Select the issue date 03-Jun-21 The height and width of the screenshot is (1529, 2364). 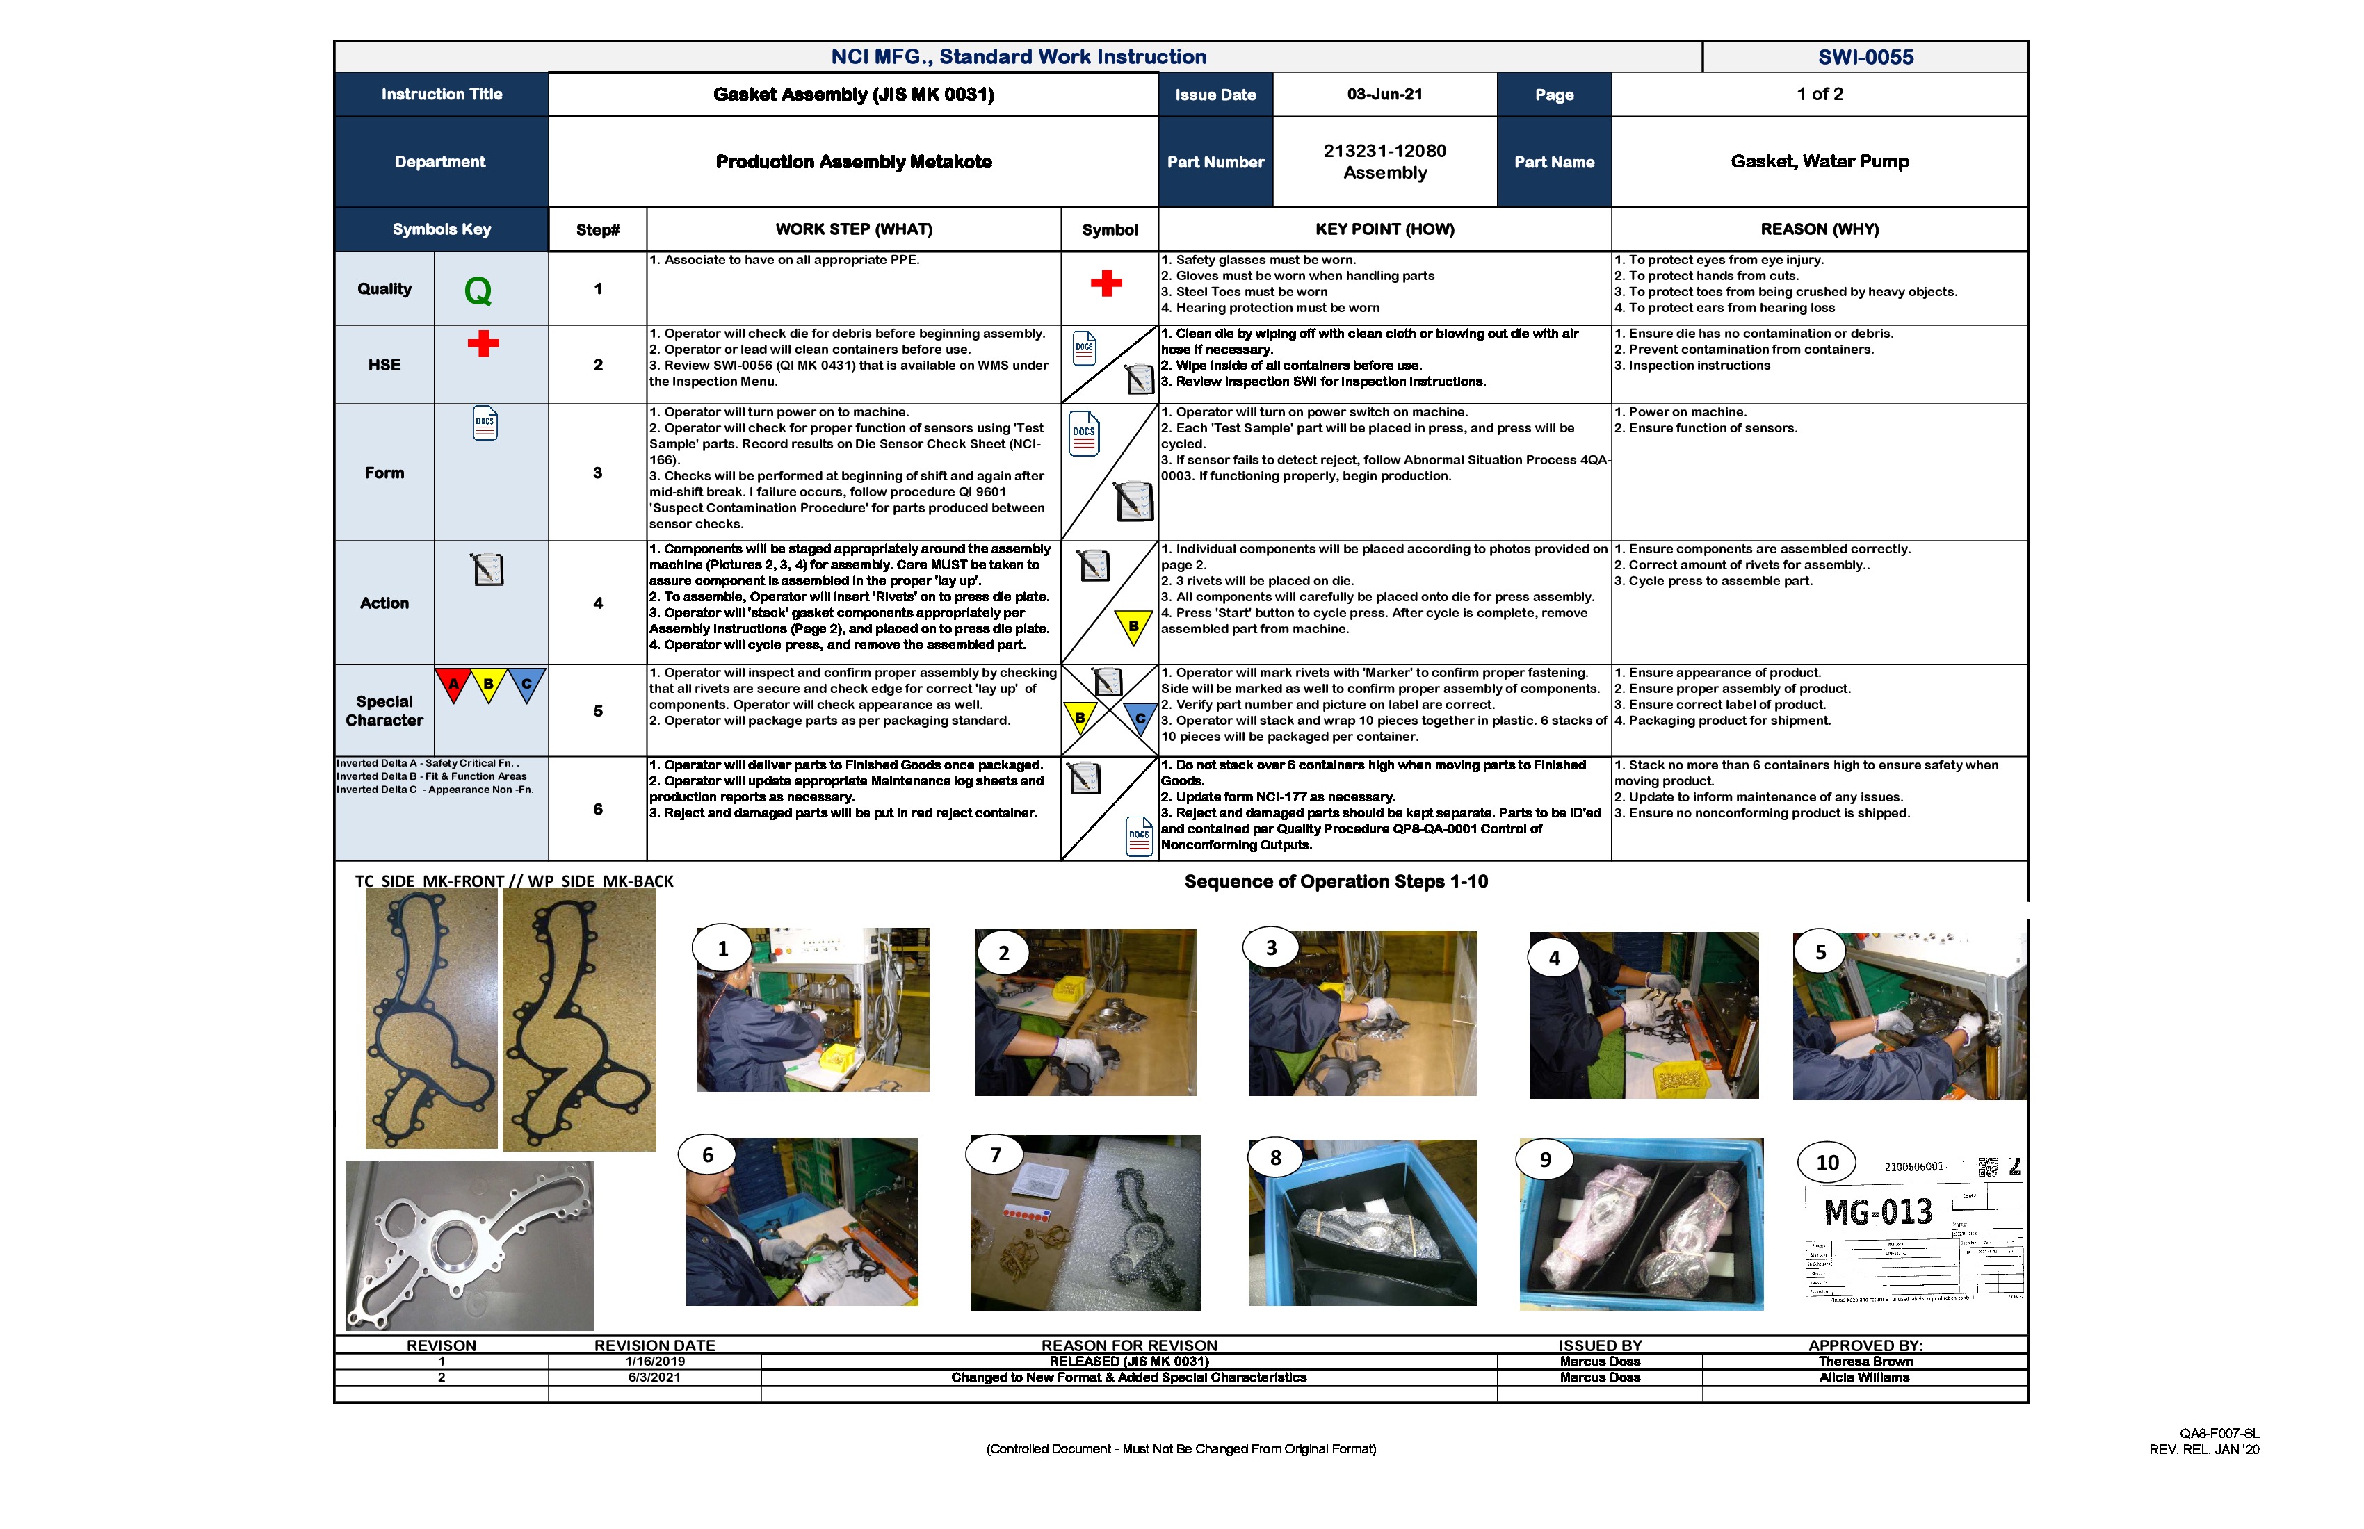tap(1384, 95)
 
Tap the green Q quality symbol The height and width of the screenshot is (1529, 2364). tap(478, 291)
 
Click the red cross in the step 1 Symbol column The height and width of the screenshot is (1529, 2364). tap(1106, 284)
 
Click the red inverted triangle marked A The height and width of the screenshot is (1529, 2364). tap(453, 684)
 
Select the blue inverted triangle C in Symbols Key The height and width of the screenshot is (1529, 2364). tap(526, 684)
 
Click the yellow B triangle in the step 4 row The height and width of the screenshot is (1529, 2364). tap(1133, 626)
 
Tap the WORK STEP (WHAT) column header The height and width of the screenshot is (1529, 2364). tap(853, 229)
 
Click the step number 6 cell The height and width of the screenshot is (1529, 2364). tap(598, 809)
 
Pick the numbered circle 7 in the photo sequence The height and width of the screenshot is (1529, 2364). tap(995, 1154)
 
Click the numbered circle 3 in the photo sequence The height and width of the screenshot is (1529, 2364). tap(1270, 948)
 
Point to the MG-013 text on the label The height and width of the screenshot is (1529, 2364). tap(1877, 1212)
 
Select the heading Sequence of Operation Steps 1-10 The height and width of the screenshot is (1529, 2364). tap(1335, 882)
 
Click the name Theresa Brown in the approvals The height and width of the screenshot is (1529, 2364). tap(1864, 1362)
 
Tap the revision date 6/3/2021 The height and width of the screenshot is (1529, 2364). tap(654, 1377)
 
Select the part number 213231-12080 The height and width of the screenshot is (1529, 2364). tap(1384, 151)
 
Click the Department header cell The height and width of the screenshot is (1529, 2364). tap(440, 162)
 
